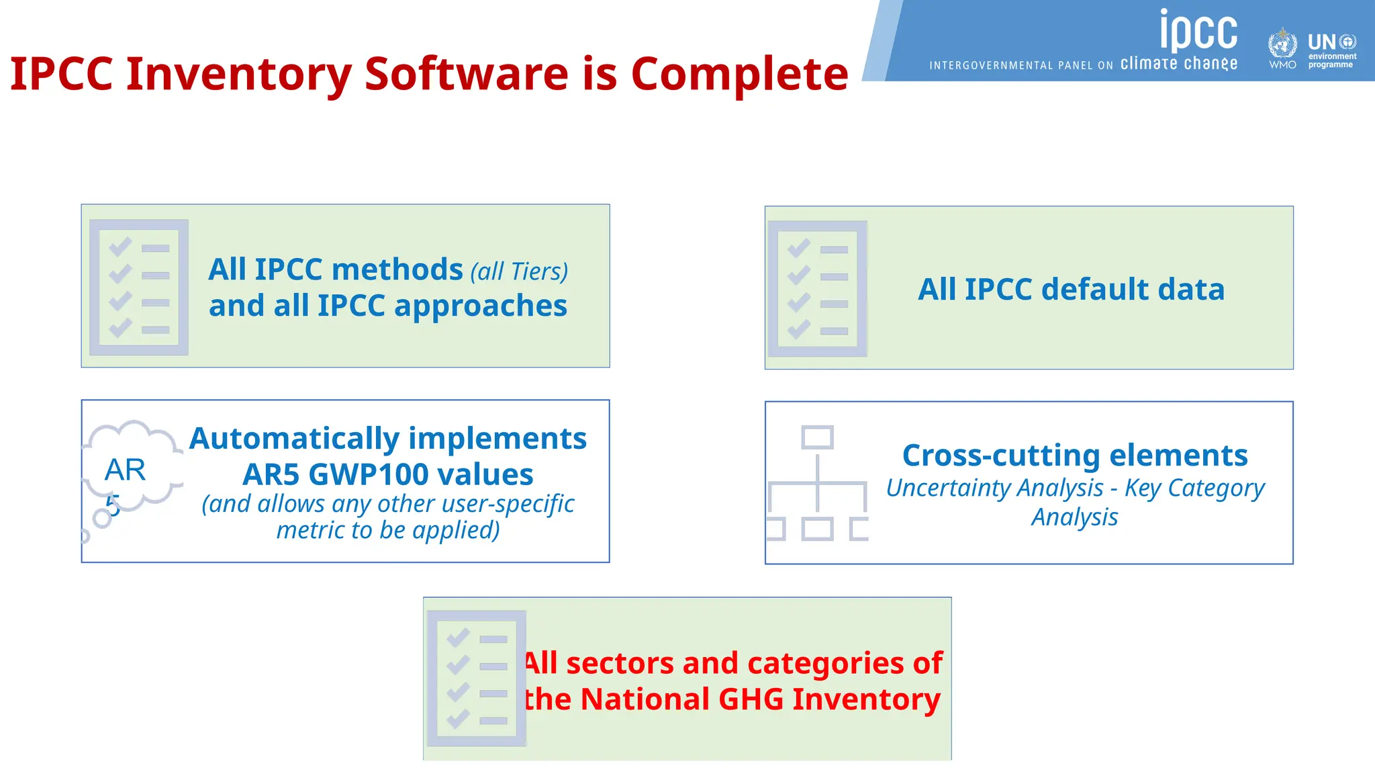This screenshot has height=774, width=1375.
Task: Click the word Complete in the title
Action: (739, 73)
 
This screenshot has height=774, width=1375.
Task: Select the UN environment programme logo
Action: (1332, 51)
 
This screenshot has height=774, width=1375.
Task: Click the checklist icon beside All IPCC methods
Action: (139, 287)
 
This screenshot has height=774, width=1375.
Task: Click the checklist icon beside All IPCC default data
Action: (817, 288)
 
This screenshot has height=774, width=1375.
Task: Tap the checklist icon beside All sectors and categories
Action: (477, 679)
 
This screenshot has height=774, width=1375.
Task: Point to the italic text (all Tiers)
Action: (519, 271)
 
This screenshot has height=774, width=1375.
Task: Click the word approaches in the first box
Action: (480, 306)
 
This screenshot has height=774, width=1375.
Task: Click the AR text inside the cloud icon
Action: (125, 470)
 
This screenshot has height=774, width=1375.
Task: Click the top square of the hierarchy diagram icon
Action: (817, 437)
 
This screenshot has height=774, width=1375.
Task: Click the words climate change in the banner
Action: (1178, 64)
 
